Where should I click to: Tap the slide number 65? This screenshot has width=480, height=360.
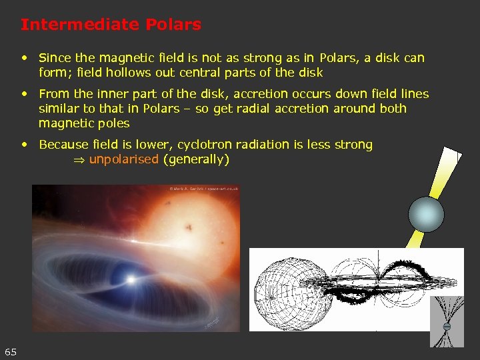point(11,351)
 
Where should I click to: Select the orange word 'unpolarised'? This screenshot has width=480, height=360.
point(124,159)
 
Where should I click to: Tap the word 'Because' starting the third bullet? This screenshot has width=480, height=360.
point(65,145)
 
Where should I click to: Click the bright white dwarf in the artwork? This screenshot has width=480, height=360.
point(131,277)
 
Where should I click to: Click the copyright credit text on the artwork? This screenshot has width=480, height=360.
point(203,189)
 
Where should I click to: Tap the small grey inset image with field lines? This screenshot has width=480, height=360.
point(447,321)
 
